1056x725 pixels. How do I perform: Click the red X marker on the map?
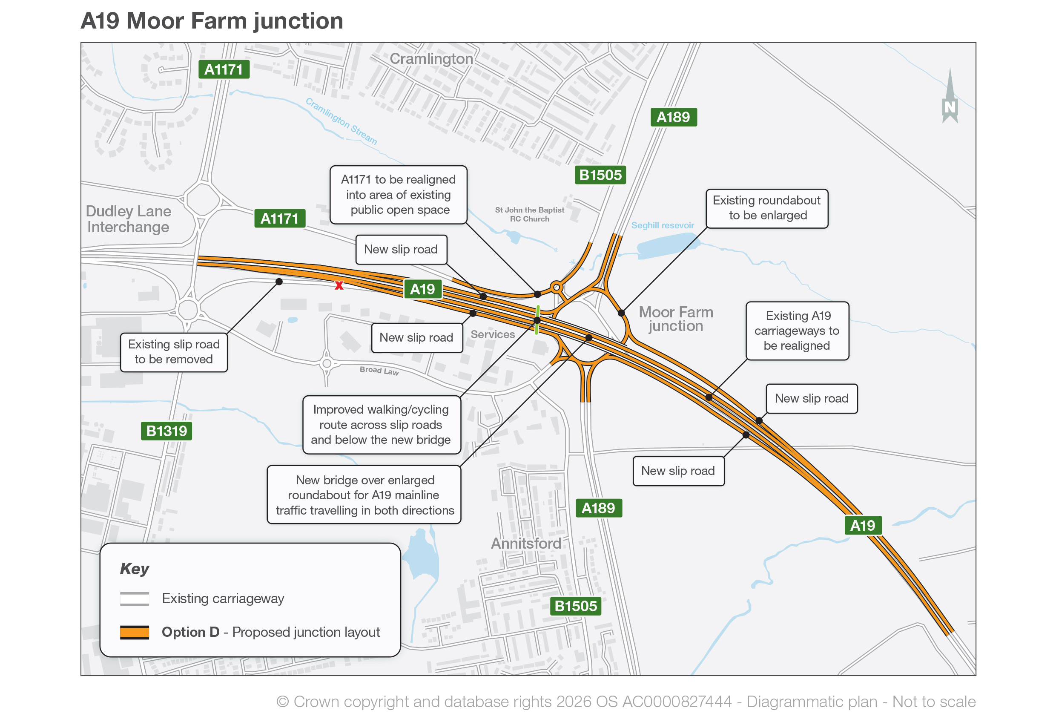339,285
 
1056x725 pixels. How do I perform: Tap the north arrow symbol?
950,96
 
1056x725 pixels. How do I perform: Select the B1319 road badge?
166,431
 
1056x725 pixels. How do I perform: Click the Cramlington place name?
431,59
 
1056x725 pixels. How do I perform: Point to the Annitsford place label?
526,543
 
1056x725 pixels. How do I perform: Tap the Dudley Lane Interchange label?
129,219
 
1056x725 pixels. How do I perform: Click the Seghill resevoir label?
663,225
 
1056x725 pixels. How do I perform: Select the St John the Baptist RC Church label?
529,214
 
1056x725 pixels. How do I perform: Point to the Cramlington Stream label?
341,121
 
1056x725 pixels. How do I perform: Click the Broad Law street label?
379,371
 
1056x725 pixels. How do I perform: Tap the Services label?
493,334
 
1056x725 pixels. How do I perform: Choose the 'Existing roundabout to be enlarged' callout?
766,208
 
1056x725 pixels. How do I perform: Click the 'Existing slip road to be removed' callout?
174,352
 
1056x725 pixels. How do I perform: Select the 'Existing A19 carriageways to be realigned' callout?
797,331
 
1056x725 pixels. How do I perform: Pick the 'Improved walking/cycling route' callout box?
382,425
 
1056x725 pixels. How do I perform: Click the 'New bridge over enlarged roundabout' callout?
364,495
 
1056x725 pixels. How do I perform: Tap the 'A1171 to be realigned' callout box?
399,195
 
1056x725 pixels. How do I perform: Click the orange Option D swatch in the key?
135,632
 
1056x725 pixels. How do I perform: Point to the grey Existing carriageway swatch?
135,598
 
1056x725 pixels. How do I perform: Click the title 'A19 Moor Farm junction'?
212,21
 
